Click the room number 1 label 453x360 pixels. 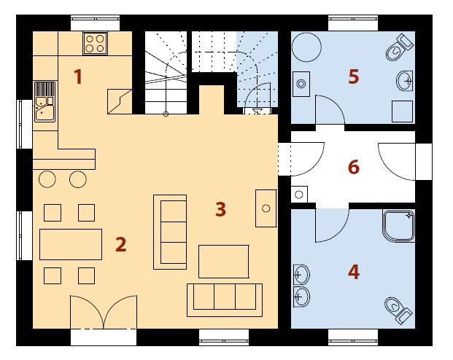tap(78, 77)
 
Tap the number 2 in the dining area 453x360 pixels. tap(121, 244)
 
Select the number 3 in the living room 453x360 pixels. tap(221, 209)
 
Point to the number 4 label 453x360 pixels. tap(354, 272)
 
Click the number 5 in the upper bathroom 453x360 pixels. tap(354, 77)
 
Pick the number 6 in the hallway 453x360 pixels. tap(354, 167)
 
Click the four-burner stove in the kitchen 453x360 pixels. tap(95, 43)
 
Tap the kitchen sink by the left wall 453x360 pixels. tap(44, 101)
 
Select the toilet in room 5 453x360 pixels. tap(400, 47)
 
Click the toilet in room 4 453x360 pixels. tap(398, 310)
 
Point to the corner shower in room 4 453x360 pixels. tap(399, 226)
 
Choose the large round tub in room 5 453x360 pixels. tap(306, 47)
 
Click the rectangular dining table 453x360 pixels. tap(71, 245)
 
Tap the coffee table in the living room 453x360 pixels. tap(224, 262)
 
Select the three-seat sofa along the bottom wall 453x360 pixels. tap(225, 300)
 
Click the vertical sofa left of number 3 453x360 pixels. tap(170, 232)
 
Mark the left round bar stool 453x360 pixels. tap(47, 179)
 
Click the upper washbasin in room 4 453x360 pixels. tap(301, 275)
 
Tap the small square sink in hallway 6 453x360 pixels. tap(299, 195)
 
